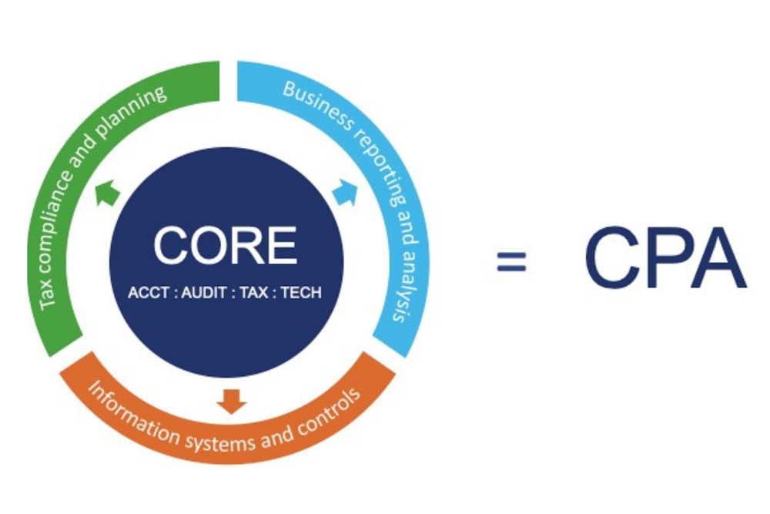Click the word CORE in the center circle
[225, 246]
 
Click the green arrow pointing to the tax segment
[107, 191]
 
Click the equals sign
[511, 262]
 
